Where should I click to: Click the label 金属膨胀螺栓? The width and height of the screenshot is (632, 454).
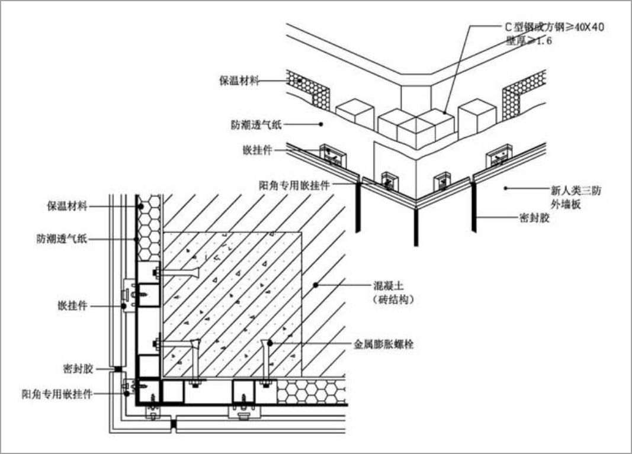pos(384,343)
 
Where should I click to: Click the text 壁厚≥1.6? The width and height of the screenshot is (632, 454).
pos(529,41)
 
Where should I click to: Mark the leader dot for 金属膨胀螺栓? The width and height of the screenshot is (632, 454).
pos(269,343)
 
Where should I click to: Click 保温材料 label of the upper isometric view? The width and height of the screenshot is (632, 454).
pos(239,81)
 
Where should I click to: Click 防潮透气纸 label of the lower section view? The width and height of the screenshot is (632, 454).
pos(62,240)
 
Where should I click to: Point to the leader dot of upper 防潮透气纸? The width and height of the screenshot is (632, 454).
pos(320,124)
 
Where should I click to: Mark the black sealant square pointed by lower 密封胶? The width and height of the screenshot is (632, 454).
pos(118,369)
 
